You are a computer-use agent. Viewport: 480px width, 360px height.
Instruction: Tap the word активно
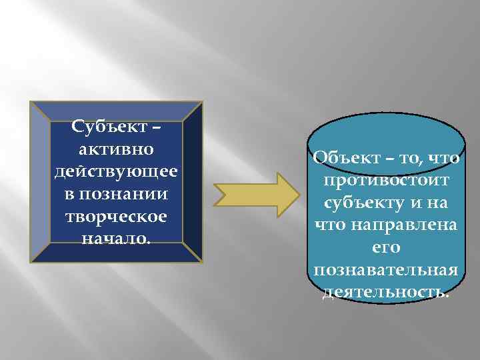(116, 145)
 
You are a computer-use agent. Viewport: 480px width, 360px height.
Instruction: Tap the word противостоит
(385, 180)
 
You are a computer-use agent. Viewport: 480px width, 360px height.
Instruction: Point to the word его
(385, 247)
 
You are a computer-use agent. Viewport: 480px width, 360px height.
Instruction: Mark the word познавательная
(385, 270)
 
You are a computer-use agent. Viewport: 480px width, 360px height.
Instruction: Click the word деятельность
(385, 292)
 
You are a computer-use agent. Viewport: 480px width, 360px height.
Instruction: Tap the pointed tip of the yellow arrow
(295, 191)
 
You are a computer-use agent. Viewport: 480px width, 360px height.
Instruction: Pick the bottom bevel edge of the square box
(116, 253)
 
